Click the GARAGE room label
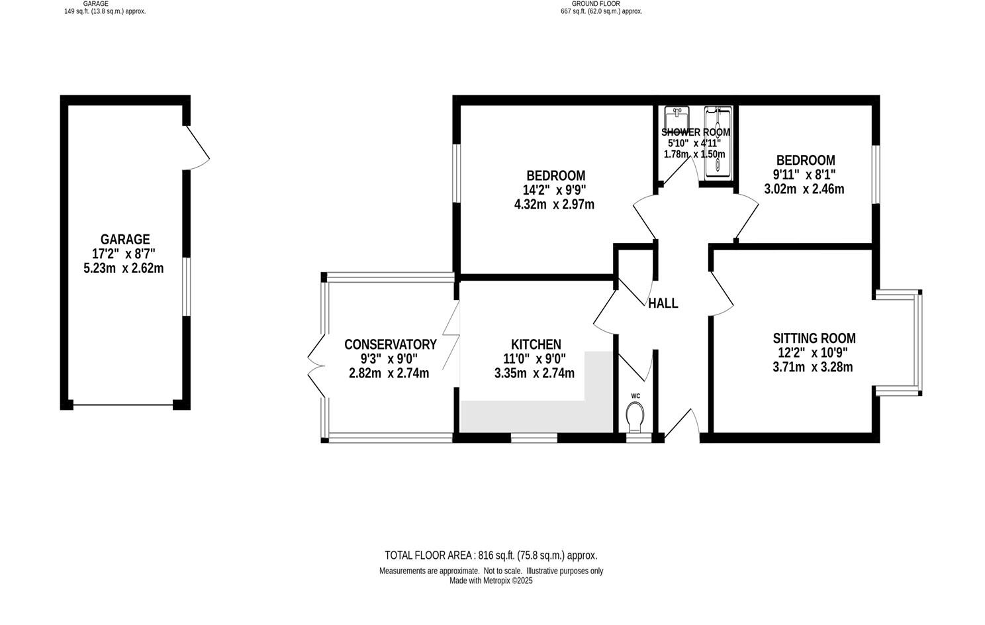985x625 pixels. click(x=124, y=239)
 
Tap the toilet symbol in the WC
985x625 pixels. click(x=635, y=416)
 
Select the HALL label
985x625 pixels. click(x=663, y=303)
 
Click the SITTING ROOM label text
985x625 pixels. click(x=814, y=338)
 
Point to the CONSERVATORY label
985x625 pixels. click(x=390, y=344)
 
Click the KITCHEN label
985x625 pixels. click(x=536, y=344)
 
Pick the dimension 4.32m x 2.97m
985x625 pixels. click(x=554, y=205)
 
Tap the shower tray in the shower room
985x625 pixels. click(x=718, y=142)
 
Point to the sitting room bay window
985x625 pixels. click(x=917, y=342)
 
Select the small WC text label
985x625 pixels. click(x=635, y=396)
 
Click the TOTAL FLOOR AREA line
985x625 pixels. click(x=491, y=555)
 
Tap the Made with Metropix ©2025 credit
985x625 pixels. click(x=491, y=581)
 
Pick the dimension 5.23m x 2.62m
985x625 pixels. click(x=123, y=268)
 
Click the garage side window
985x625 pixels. click(x=187, y=286)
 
